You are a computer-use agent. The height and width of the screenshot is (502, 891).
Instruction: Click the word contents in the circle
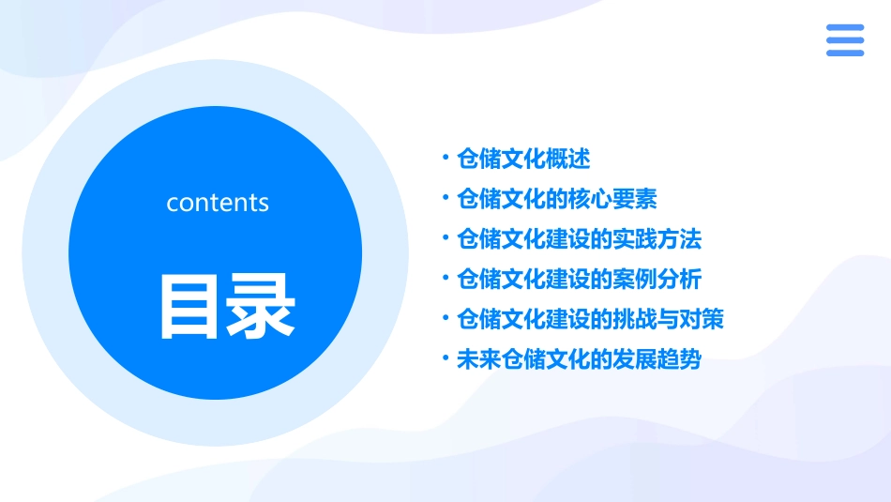tap(218, 203)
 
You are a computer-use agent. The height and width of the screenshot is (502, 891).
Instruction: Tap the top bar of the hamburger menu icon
tap(844, 28)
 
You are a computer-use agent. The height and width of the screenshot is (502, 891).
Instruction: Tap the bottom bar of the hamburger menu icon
tap(844, 53)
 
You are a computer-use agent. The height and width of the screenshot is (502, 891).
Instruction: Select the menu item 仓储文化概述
tap(523, 159)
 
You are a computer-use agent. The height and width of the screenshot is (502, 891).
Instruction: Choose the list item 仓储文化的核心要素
tap(556, 199)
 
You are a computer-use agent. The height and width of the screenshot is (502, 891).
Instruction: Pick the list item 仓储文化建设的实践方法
tap(579, 239)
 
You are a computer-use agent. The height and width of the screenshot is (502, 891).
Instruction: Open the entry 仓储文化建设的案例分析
tap(579, 280)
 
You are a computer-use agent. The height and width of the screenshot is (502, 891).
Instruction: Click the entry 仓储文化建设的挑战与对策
tap(590, 320)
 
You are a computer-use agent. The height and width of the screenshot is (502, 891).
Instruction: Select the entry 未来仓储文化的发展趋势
tap(579, 360)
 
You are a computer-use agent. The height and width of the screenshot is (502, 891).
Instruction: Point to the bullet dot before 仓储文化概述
tap(445, 159)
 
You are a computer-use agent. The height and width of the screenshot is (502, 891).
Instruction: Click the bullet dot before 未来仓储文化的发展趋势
tap(445, 360)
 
